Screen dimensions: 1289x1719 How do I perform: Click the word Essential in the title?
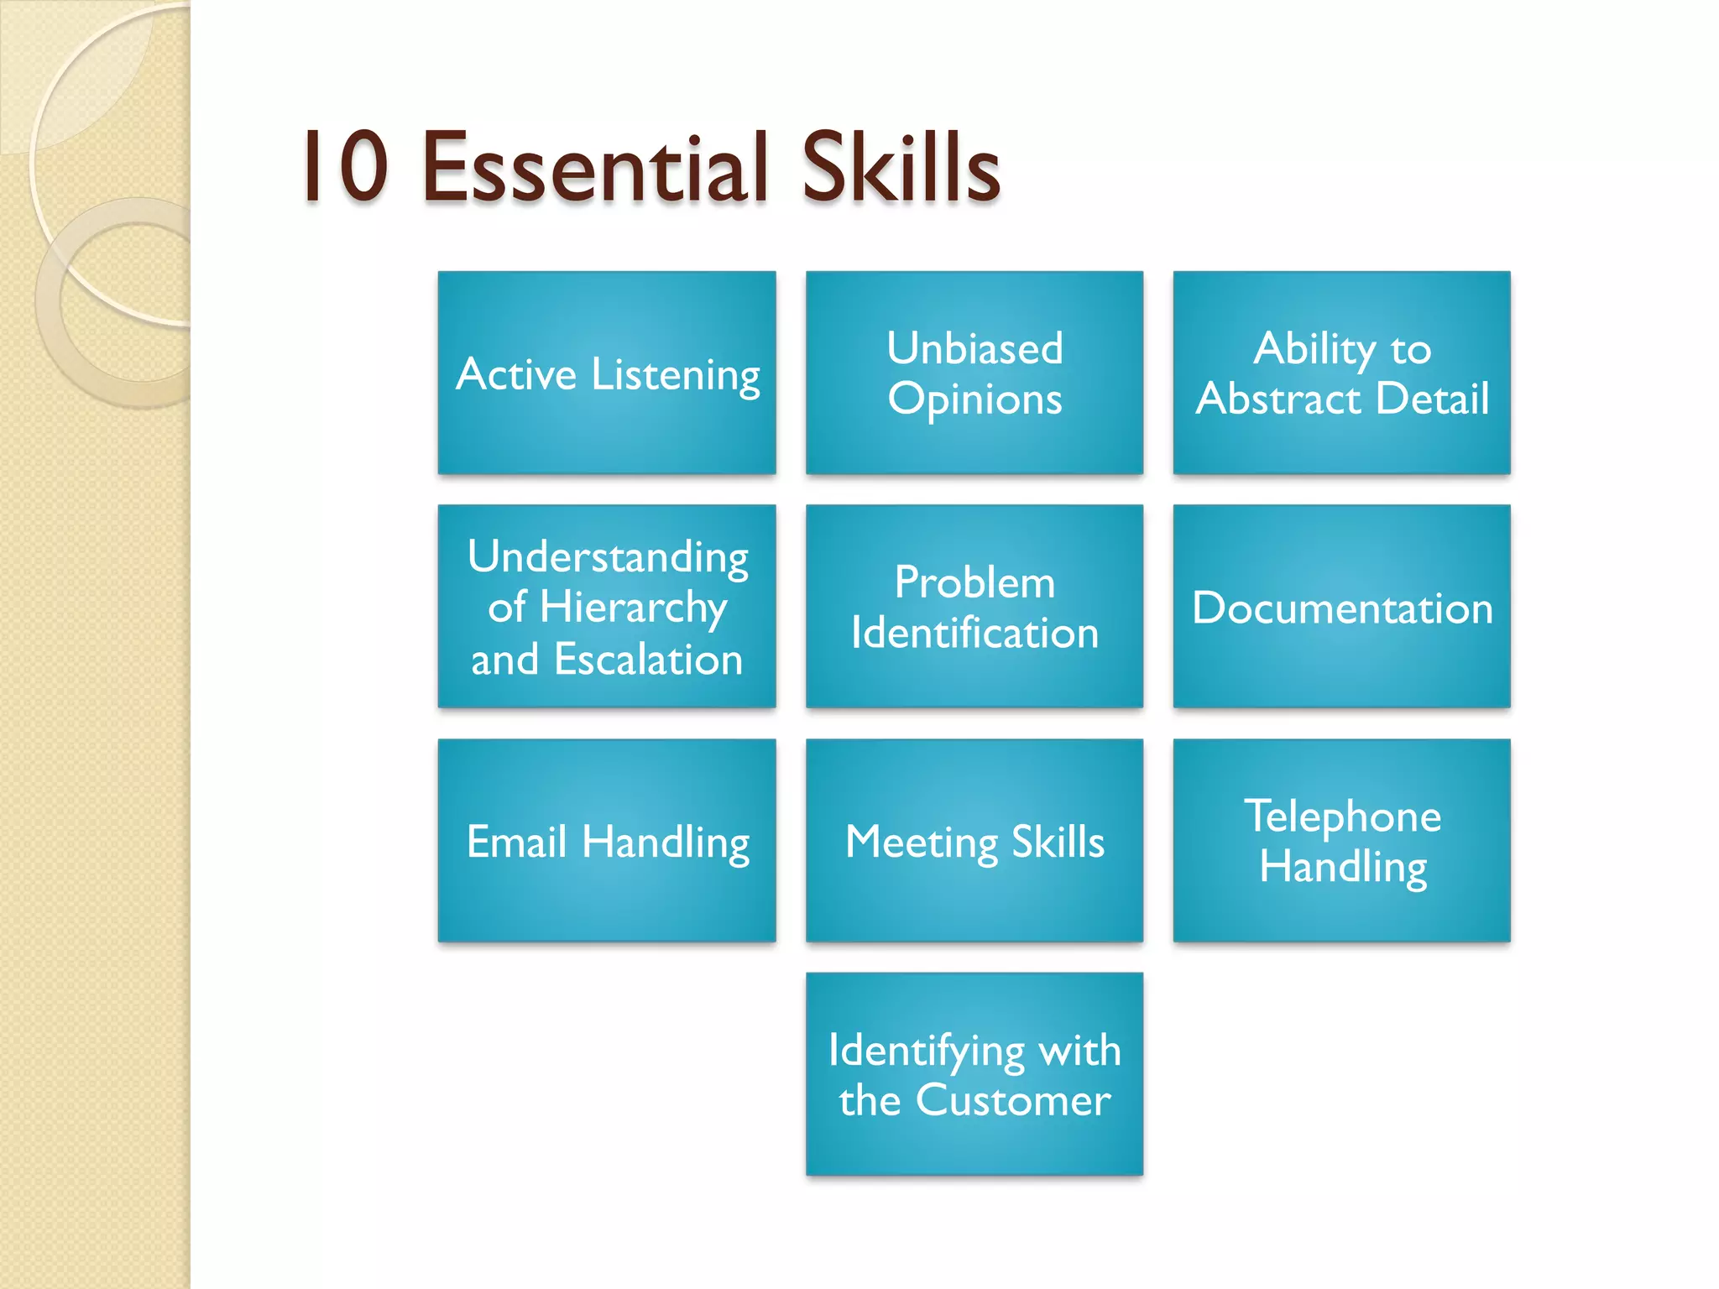point(595,168)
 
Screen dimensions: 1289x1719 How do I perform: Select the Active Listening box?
point(607,373)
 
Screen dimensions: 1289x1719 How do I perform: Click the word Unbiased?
point(974,348)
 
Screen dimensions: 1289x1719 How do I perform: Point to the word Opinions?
point(974,399)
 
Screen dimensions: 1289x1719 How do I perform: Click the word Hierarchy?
point(633,608)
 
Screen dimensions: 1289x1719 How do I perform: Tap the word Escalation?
point(648,660)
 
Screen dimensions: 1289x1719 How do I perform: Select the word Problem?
point(974,582)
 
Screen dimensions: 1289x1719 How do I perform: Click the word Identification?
point(974,633)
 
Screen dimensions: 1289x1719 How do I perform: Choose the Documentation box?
point(1341,607)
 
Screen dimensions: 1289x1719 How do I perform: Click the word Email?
point(516,842)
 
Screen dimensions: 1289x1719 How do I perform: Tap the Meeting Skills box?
point(974,841)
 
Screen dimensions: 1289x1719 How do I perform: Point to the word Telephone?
point(1342,816)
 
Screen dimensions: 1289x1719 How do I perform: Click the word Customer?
point(1013,1100)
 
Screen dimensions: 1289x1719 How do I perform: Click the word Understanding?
point(608,556)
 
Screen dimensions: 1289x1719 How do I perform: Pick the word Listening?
point(675,375)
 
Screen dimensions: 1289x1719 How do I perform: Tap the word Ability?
point(1314,348)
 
